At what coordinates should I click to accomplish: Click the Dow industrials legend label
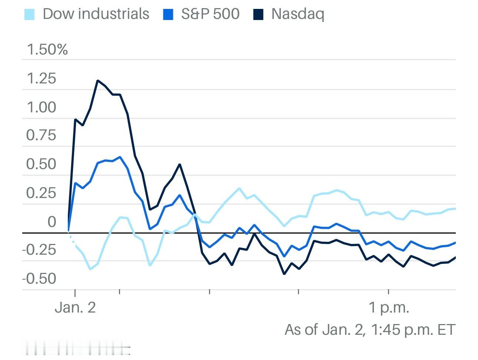(x=96, y=14)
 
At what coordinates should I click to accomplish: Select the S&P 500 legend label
(x=210, y=14)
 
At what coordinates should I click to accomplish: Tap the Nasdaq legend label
(x=298, y=14)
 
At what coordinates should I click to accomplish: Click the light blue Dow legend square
(x=29, y=15)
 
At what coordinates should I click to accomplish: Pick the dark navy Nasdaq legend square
(x=258, y=15)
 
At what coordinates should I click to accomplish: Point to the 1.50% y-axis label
(x=47, y=49)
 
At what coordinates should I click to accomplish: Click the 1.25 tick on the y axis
(x=41, y=79)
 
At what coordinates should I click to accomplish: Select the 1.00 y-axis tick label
(x=41, y=108)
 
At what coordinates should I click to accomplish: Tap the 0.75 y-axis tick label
(x=41, y=135)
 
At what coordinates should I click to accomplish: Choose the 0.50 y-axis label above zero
(x=41, y=164)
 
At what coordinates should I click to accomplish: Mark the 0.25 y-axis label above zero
(x=41, y=193)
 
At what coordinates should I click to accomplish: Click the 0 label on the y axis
(x=52, y=222)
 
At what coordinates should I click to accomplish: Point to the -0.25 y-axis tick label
(x=39, y=250)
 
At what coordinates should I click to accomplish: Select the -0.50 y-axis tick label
(x=39, y=278)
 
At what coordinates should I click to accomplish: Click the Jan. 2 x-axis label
(x=75, y=307)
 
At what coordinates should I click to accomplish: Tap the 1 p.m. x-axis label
(x=389, y=307)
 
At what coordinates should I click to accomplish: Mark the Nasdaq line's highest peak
(x=97, y=80)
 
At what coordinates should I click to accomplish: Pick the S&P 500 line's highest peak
(x=120, y=157)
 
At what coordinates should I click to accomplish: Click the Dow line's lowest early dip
(x=90, y=269)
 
